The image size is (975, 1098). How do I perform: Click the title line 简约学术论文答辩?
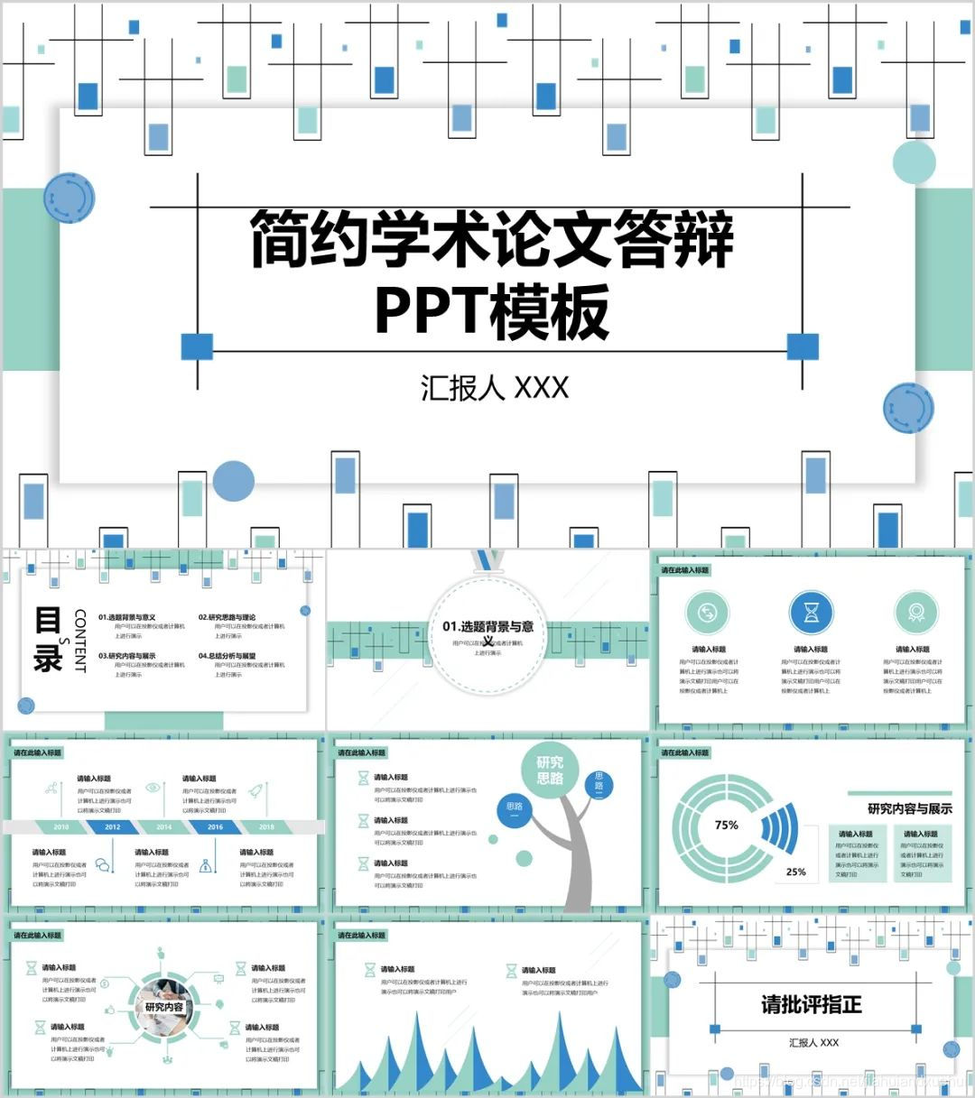[492, 240]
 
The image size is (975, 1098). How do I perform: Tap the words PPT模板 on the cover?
[492, 311]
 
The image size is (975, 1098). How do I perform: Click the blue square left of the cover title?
[197, 346]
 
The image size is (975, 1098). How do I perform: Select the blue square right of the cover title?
[803, 346]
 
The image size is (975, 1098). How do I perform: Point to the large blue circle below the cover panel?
[234, 481]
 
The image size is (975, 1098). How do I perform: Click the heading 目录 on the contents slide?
[47, 639]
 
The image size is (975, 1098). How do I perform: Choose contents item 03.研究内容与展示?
[127, 656]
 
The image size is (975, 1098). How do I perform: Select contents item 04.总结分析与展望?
[227, 656]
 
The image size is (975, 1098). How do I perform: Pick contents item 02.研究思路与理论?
[227, 617]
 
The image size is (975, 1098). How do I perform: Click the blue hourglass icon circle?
[811, 613]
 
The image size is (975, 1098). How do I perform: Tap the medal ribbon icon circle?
[915, 613]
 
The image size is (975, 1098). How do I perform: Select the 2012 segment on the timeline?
[112, 826]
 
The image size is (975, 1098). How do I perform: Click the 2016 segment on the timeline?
[215, 826]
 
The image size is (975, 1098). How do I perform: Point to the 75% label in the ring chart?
[726, 825]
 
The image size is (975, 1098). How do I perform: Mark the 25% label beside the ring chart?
[795, 872]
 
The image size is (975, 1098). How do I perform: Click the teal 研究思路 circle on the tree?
[550, 770]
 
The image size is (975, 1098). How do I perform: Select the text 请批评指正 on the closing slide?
[811, 1004]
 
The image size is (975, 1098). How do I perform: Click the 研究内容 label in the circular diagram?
[164, 1007]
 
